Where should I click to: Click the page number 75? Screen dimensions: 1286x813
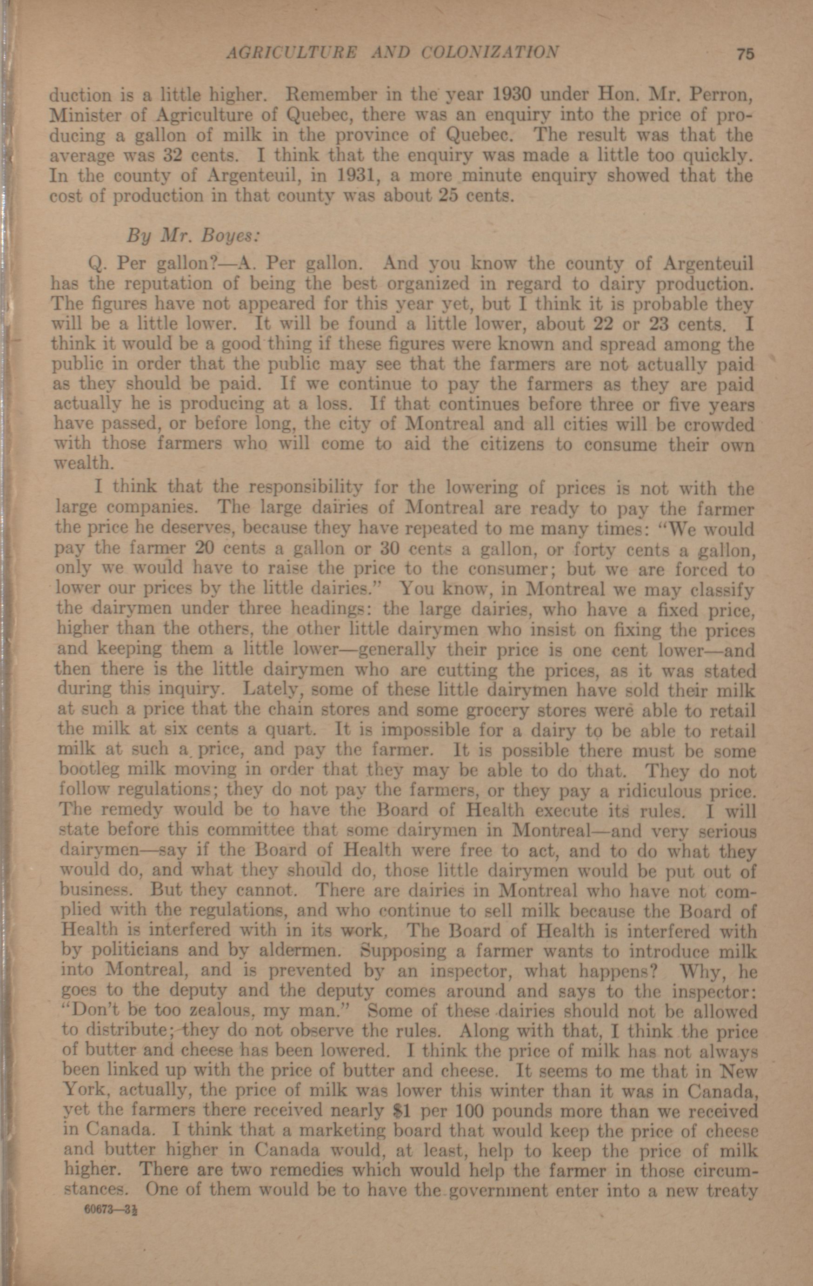[745, 54]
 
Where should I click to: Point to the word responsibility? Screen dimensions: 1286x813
[307, 488]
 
